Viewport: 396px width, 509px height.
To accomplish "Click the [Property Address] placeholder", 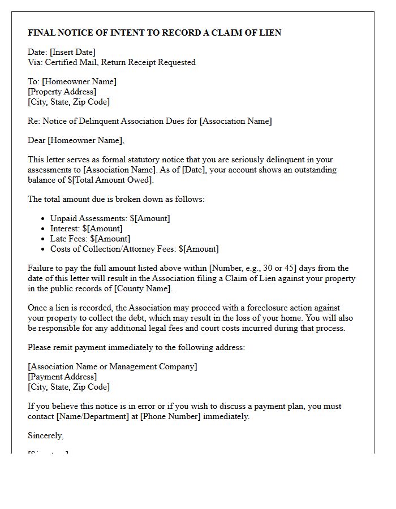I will [x=62, y=92].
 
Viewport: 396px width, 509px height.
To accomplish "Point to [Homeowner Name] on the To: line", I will [x=79, y=81].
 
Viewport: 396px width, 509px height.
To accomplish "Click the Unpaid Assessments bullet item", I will [x=110, y=218].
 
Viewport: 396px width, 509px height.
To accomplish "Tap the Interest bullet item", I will [x=86, y=228].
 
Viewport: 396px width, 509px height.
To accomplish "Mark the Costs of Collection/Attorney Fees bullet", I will [x=134, y=249].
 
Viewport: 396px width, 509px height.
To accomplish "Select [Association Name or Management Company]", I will [x=113, y=366].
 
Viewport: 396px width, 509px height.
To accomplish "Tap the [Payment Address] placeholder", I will [x=62, y=377].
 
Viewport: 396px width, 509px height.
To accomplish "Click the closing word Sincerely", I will [x=45, y=435].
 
